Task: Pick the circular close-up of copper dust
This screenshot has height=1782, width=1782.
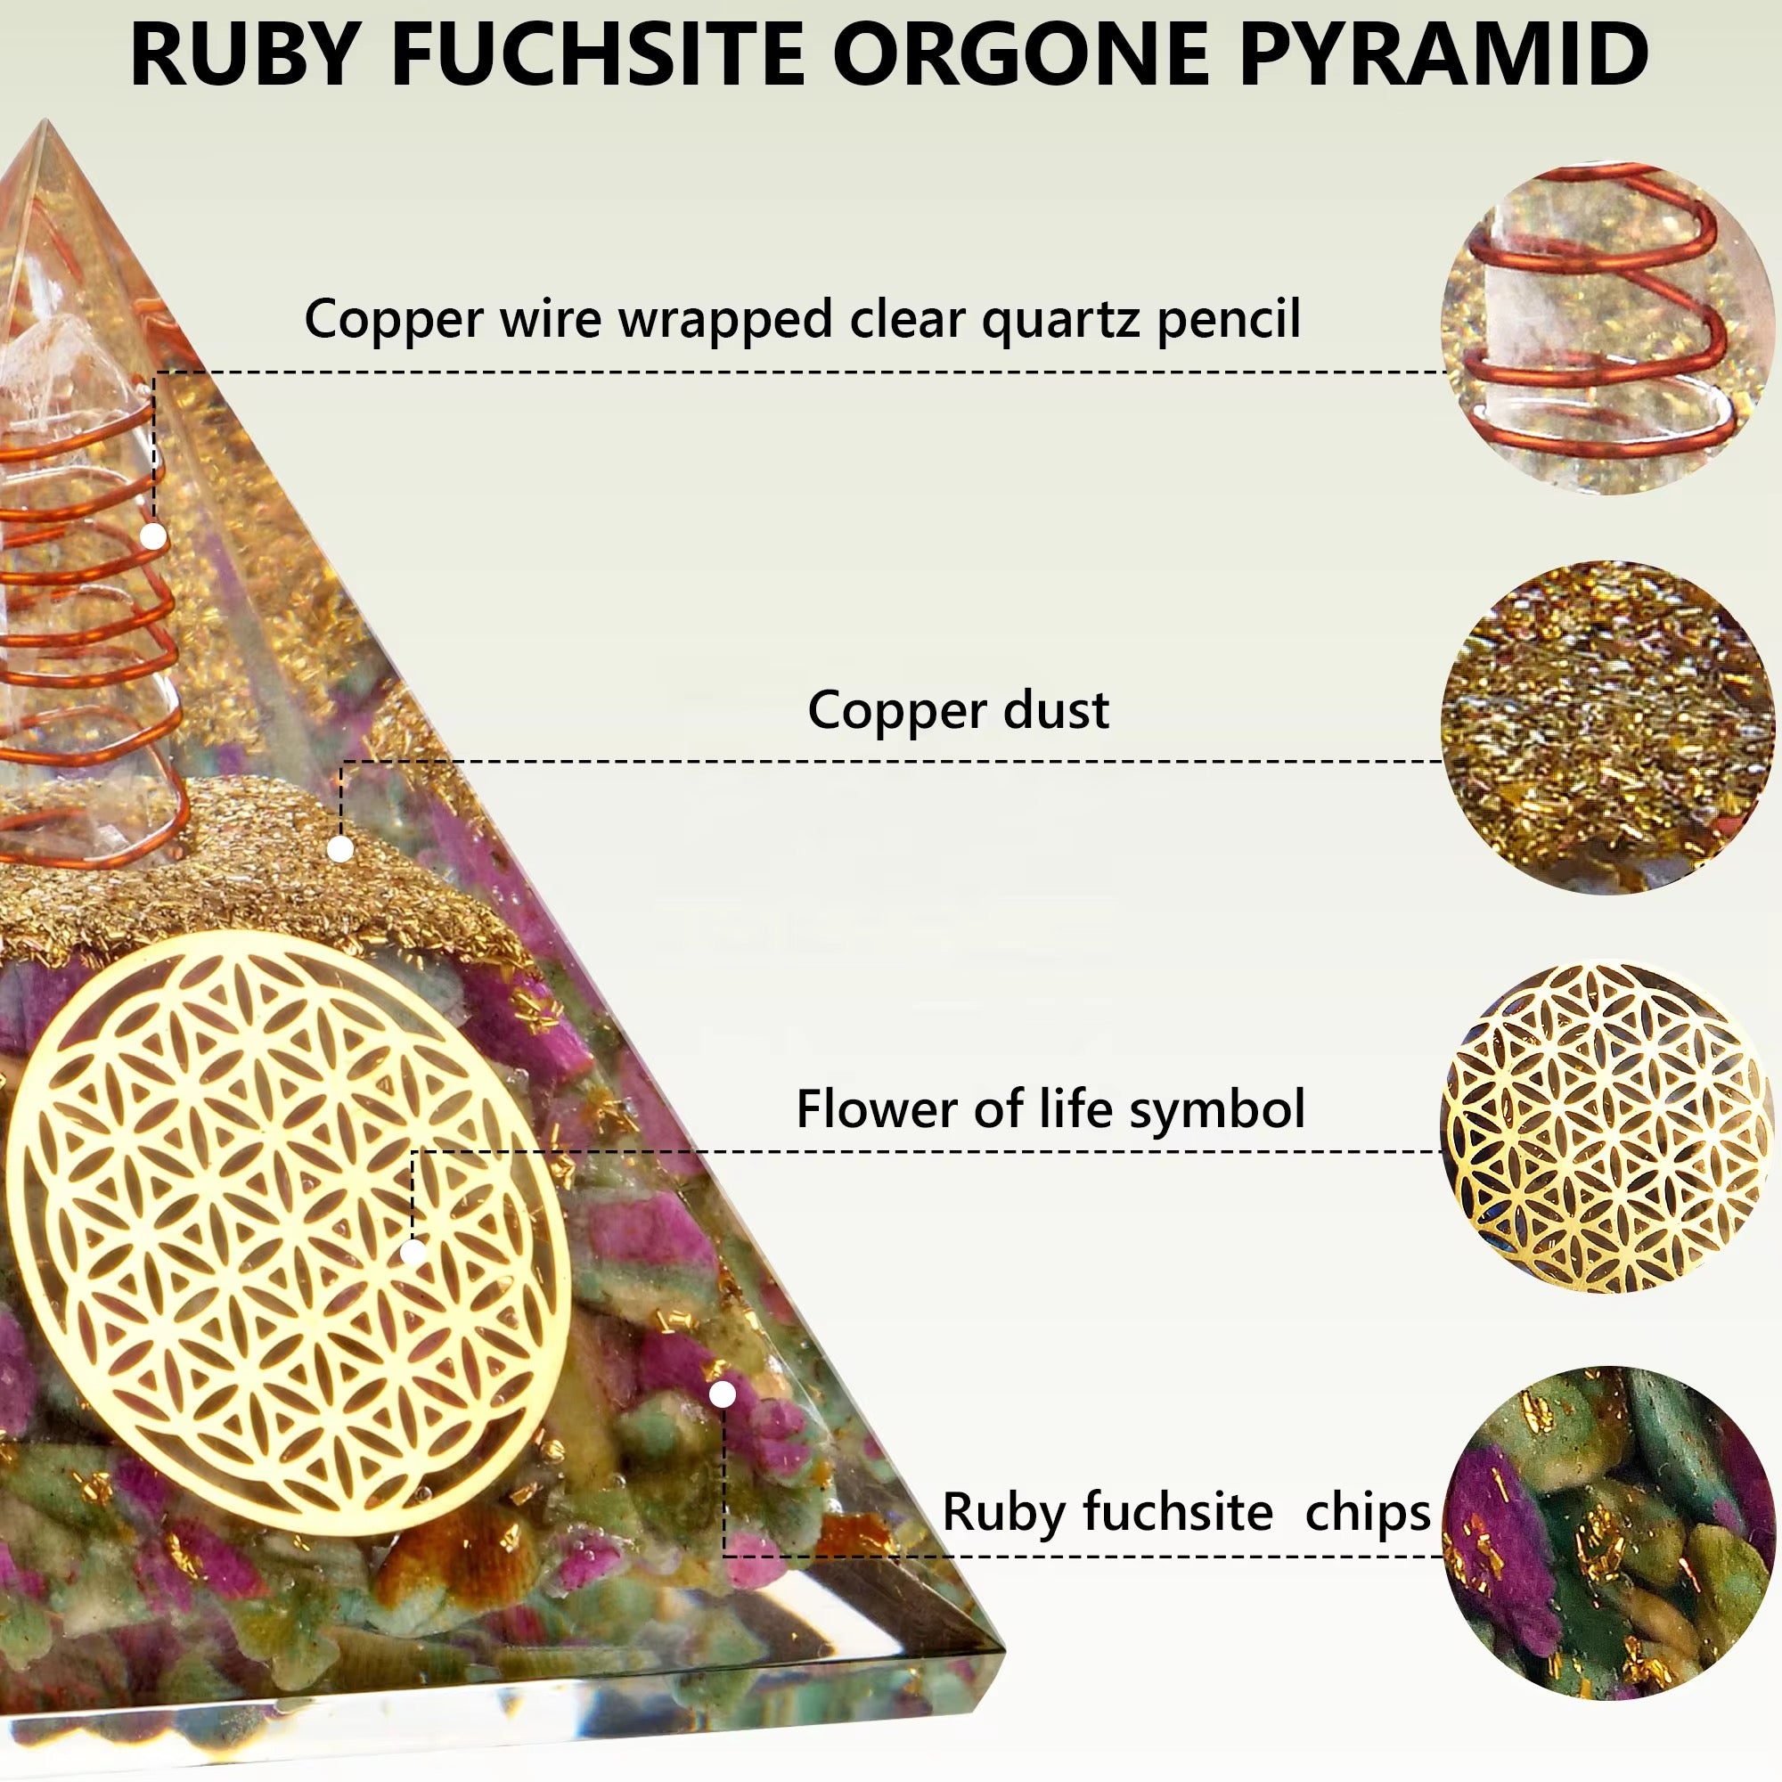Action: (1608, 729)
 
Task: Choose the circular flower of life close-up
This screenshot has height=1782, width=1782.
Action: (1608, 1127)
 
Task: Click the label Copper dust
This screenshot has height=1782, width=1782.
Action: (959, 711)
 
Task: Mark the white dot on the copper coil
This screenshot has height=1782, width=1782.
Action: (153, 535)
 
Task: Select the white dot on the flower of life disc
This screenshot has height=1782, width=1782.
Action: (413, 1252)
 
